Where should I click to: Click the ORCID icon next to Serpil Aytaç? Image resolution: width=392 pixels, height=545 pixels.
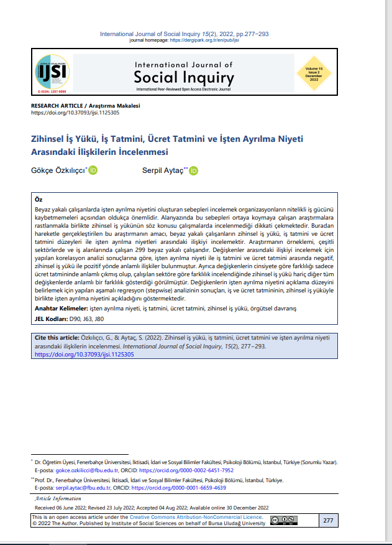[x=193, y=170]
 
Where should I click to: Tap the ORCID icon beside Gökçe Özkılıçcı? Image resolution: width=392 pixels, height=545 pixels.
[x=93, y=170]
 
